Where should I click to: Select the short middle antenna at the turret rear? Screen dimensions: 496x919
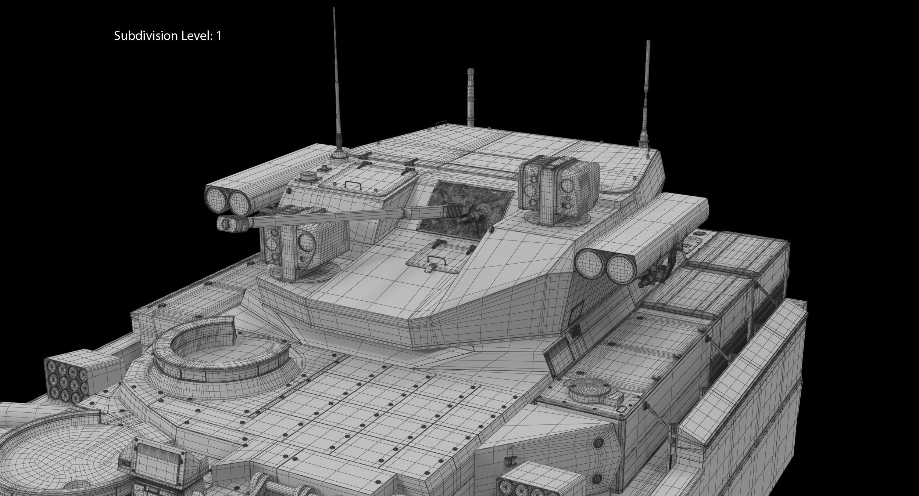470,99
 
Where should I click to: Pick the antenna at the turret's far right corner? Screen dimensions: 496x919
647,92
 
